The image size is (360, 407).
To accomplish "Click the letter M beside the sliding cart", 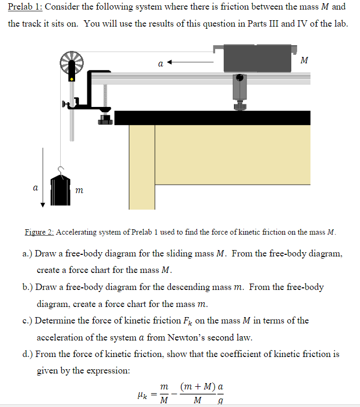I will click(304, 60).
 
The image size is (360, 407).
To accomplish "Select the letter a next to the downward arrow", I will click(35, 188).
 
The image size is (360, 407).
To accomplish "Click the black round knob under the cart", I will click(240, 78).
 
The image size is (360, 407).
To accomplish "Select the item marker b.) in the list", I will click(29, 287).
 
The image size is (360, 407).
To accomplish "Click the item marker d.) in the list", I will click(29, 354).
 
